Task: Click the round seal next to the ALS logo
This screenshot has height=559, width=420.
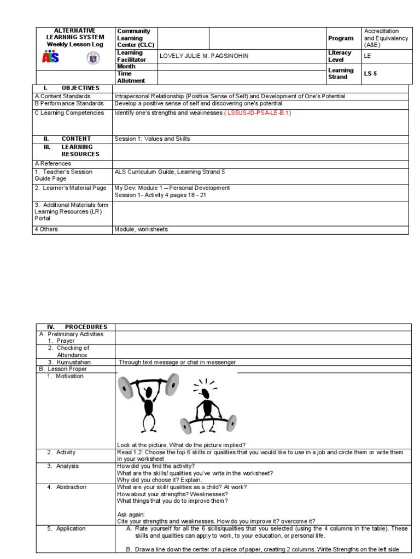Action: [x=94, y=57]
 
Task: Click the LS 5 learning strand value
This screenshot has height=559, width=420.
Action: [x=370, y=74]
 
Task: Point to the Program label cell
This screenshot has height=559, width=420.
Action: [x=341, y=38]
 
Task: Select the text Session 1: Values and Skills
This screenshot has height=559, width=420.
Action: [x=152, y=139]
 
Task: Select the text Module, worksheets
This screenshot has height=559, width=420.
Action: [x=141, y=229]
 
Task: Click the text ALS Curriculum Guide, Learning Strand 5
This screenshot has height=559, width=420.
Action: [x=169, y=172]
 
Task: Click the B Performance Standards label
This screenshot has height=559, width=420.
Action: [x=69, y=103]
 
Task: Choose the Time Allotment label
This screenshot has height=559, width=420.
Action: [x=131, y=77]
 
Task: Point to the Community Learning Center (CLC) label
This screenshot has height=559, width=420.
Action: [x=133, y=38]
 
